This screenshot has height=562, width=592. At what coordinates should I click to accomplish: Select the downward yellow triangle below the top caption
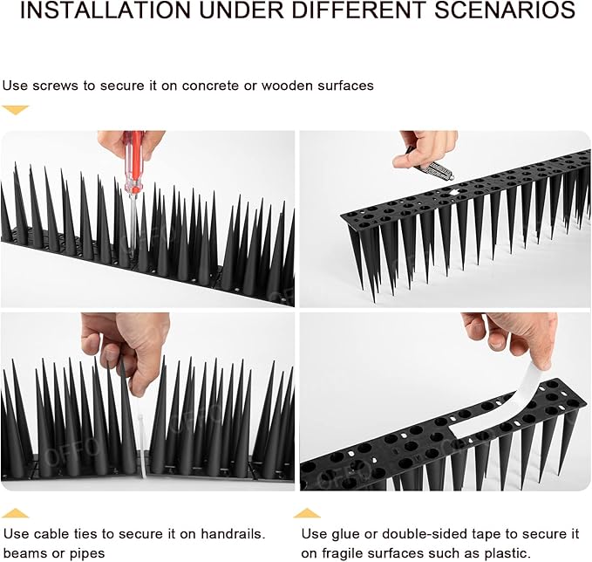16,110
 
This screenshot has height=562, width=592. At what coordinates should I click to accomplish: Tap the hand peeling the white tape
514,336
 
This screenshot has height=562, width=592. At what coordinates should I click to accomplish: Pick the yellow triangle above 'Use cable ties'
16,513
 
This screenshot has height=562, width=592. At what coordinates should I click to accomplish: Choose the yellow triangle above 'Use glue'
306,513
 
